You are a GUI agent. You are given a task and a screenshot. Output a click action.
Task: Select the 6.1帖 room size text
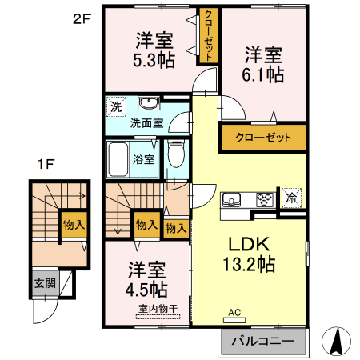click(265, 74)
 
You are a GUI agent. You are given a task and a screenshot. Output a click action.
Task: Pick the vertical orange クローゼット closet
click(207, 36)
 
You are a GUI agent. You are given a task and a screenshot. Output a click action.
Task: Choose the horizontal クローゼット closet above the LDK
click(263, 138)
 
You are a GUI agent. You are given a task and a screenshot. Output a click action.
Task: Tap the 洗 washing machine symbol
click(117, 106)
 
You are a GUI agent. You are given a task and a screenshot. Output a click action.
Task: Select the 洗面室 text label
click(147, 123)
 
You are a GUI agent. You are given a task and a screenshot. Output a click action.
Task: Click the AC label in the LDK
click(234, 312)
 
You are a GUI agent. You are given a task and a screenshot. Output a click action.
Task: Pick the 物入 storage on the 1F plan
click(74, 225)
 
